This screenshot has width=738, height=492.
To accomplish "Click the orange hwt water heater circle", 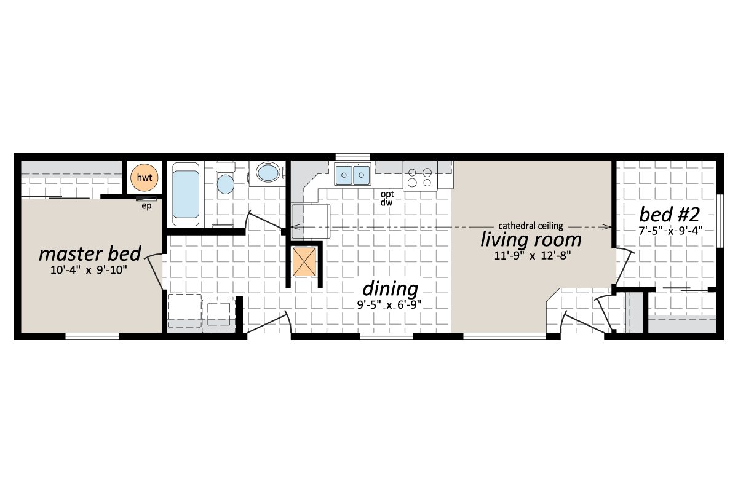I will tap(145, 178).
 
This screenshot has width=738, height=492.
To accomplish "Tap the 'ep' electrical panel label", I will tap(146, 205).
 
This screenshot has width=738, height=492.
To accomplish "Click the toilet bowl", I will tap(226, 183).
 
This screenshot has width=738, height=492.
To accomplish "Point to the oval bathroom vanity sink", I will tap(267, 172).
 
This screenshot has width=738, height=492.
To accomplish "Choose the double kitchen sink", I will tap(352, 175).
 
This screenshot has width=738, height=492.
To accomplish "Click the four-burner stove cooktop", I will tap(420, 176).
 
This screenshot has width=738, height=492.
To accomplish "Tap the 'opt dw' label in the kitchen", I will tap(386, 199).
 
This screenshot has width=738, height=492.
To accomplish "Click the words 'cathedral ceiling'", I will tap(530, 226).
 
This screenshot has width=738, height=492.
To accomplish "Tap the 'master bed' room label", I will tap(90, 253).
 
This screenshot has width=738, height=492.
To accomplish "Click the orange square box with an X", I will tap(304, 263).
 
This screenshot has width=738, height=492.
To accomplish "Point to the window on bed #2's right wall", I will tap(720, 221).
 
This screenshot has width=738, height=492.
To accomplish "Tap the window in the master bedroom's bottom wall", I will tap(92, 336).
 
